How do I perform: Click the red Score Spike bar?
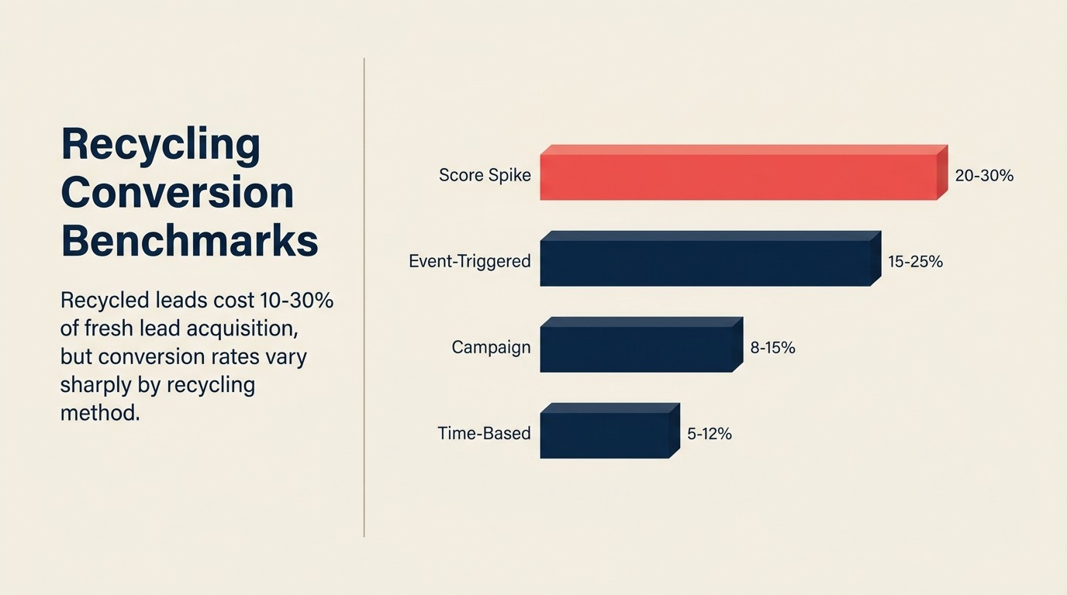(x=738, y=177)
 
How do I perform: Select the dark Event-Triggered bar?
(x=705, y=263)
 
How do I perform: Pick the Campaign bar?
(x=636, y=349)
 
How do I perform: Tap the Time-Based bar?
(x=604, y=435)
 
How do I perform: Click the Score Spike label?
(x=485, y=175)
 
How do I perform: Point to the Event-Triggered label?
(x=469, y=261)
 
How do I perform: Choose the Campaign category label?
(x=491, y=347)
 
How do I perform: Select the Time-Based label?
(x=484, y=433)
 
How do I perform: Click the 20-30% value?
(x=984, y=176)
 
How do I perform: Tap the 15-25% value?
(x=915, y=262)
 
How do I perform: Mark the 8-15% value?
(x=772, y=348)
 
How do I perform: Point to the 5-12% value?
(x=709, y=434)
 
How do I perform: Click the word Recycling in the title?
(x=161, y=145)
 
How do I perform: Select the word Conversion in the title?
(x=177, y=193)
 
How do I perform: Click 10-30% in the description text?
(x=296, y=301)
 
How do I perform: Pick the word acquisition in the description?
(x=245, y=328)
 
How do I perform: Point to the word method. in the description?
(x=100, y=413)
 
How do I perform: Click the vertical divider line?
(x=364, y=297)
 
